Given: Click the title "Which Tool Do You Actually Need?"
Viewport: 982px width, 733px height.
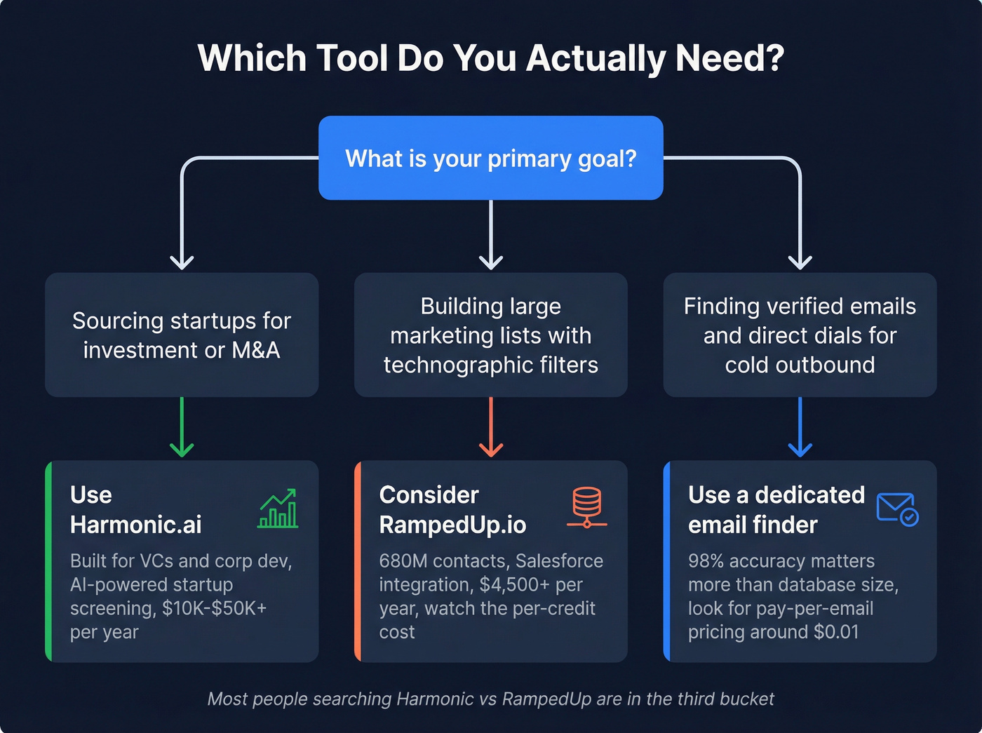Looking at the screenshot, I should (490, 58).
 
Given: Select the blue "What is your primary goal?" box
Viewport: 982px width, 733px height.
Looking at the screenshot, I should (490, 159).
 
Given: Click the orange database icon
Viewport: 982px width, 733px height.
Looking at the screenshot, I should (586, 506).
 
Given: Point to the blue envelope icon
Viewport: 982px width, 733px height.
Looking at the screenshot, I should (897, 509).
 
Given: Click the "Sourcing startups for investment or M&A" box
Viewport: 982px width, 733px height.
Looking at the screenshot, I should (182, 335).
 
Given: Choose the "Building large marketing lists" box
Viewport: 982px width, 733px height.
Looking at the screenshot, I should (491, 335).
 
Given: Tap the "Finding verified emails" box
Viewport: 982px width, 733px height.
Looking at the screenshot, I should (800, 335).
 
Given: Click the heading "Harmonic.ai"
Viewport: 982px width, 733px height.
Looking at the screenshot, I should (136, 525).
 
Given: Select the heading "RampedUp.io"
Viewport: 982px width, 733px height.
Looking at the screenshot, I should (452, 525).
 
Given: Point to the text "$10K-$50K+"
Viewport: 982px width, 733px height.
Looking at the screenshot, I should (214, 608).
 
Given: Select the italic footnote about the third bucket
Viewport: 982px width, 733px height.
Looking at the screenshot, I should (490, 699).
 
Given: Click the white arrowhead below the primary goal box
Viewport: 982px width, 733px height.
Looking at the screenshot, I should (491, 262).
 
